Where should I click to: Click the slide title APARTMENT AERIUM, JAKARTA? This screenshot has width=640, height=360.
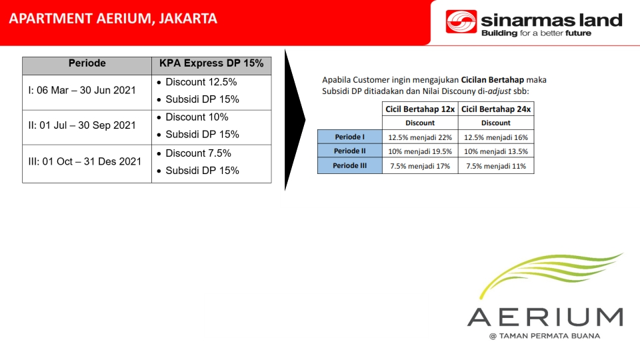coord(113,19)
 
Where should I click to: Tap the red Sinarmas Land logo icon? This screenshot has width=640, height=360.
coord(461,21)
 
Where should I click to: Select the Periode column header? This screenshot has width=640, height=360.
coord(87,63)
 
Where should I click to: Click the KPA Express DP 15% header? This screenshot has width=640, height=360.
coord(211,63)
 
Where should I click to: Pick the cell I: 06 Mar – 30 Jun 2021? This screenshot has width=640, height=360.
coord(81,90)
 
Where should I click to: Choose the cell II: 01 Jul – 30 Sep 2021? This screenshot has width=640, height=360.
coord(81,125)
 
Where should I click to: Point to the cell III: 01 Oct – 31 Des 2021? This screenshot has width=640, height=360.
coord(85,161)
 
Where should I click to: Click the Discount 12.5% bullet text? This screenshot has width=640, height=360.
coord(201,82)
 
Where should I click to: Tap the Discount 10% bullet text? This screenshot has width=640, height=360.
coord(197,117)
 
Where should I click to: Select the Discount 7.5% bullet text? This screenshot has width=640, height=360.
coord(198,153)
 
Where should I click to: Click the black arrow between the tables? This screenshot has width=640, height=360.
coord(295,120)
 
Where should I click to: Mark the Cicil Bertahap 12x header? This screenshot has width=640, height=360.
coord(420,109)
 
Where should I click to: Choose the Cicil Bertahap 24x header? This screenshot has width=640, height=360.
coord(496,109)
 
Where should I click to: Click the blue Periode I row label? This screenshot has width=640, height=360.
coord(350,137)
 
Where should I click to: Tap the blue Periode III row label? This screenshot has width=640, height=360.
coord(350,166)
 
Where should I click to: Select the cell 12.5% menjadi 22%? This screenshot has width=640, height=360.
coord(420,137)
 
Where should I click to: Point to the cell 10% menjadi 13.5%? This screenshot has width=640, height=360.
coord(496,151)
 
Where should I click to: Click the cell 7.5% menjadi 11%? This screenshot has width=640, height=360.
coord(496,166)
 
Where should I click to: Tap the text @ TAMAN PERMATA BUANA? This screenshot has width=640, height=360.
coord(545,336)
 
